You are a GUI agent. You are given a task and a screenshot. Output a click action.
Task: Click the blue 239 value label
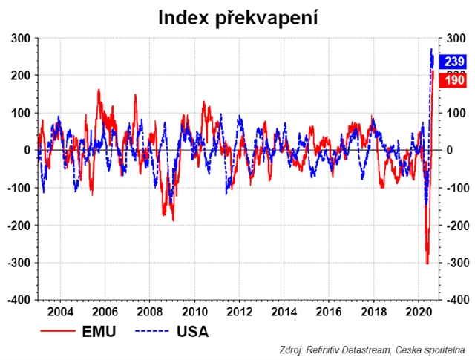(452, 62)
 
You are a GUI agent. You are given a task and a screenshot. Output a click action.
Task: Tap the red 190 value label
(452, 79)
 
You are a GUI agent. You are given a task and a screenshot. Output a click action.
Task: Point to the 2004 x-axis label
(59, 311)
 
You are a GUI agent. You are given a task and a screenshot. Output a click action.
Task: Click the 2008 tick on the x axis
(149, 311)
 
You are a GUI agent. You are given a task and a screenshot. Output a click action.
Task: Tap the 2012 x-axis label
(238, 311)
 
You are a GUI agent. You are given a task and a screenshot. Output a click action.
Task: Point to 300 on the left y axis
(20, 38)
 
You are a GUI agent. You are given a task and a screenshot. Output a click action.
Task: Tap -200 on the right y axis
(455, 225)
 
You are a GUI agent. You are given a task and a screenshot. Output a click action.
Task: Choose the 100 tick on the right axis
(453, 113)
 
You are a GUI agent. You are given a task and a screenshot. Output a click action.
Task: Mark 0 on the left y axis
(27, 150)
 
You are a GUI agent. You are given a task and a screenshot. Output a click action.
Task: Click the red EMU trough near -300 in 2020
(427, 263)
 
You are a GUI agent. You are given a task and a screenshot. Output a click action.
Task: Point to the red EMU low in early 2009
(173, 220)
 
